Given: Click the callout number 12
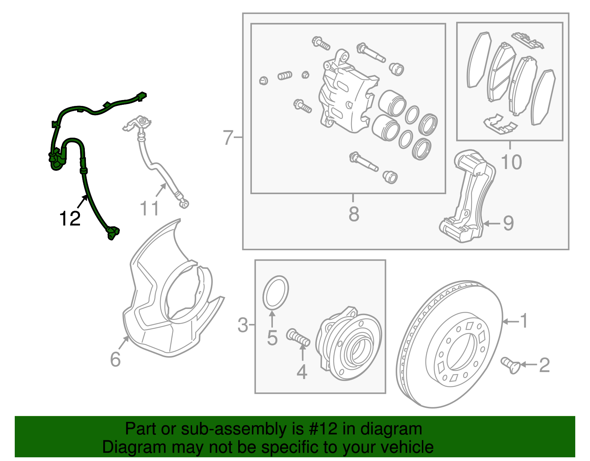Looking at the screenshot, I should pyautogui.click(x=70, y=219).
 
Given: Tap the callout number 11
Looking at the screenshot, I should pyautogui.click(x=149, y=209).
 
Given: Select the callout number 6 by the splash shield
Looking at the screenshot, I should pyautogui.click(x=115, y=359).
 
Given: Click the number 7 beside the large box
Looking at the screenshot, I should pyautogui.click(x=228, y=138).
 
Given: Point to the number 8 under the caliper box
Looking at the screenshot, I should pyautogui.click(x=354, y=214).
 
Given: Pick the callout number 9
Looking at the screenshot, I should pyautogui.click(x=508, y=223).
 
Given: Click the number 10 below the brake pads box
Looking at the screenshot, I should pyautogui.click(x=511, y=162).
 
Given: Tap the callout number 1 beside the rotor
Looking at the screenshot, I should pyautogui.click(x=524, y=321).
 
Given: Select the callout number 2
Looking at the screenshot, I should pyautogui.click(x=544, y=365).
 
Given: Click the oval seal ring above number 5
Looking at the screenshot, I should pyautogui.click(x=275, y=292).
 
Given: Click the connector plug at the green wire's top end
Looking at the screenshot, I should pyautogui.click(x=140, y=97).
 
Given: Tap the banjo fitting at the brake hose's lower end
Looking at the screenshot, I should pyautogui.click(x=184, y=203).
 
